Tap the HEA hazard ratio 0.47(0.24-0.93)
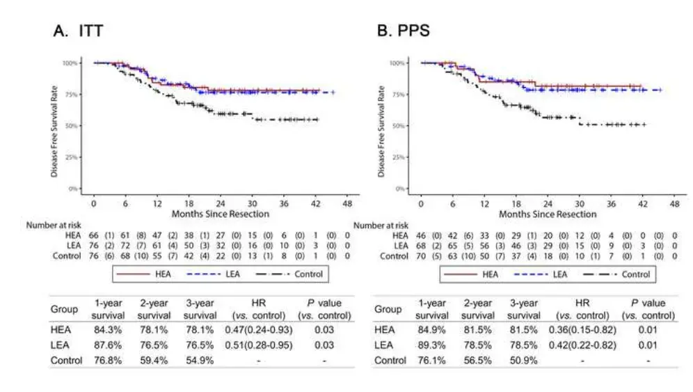click(263, 330)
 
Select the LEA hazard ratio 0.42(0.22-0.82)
click(585, 345)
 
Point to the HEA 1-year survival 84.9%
click(432, 330)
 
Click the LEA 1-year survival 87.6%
click(109, 345)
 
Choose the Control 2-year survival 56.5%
click(477, 360)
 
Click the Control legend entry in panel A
click(292, 274)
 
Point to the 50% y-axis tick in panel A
click(71, 126)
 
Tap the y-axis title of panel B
click(381, 125)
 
